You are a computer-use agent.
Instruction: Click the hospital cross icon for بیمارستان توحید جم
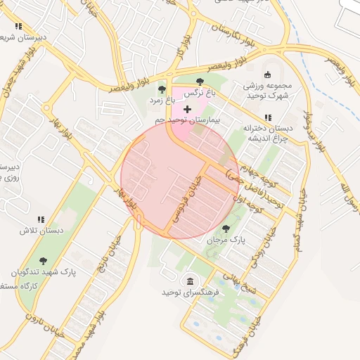(187, 109)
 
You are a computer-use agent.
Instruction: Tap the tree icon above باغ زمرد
(162, 89)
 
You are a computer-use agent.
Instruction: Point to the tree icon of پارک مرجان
(226, 229)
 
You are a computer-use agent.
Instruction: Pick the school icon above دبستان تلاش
(41, 219)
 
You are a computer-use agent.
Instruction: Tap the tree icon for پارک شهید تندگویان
(44, 260)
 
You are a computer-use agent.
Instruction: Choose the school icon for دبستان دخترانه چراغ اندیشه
(267, 117)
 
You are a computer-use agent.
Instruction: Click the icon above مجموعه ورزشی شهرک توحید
(266, 75)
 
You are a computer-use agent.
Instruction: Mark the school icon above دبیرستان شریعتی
(18, 26)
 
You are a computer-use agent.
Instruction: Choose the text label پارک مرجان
(226, 240)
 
